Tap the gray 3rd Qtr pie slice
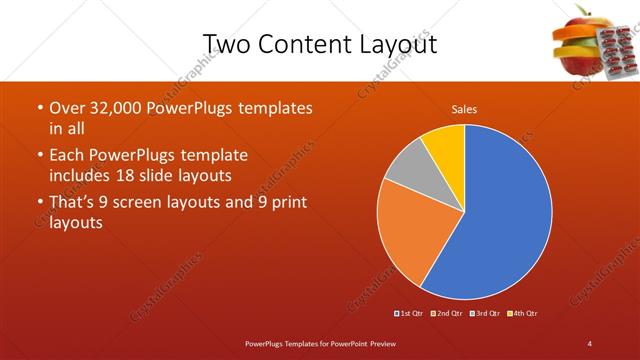tap(405, 171)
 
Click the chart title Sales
tap(463, 108)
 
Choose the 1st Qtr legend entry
tap(411, 313)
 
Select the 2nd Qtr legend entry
tap(447, 313)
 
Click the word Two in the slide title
tap(226, 43)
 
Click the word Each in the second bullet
tap(67, 155)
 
